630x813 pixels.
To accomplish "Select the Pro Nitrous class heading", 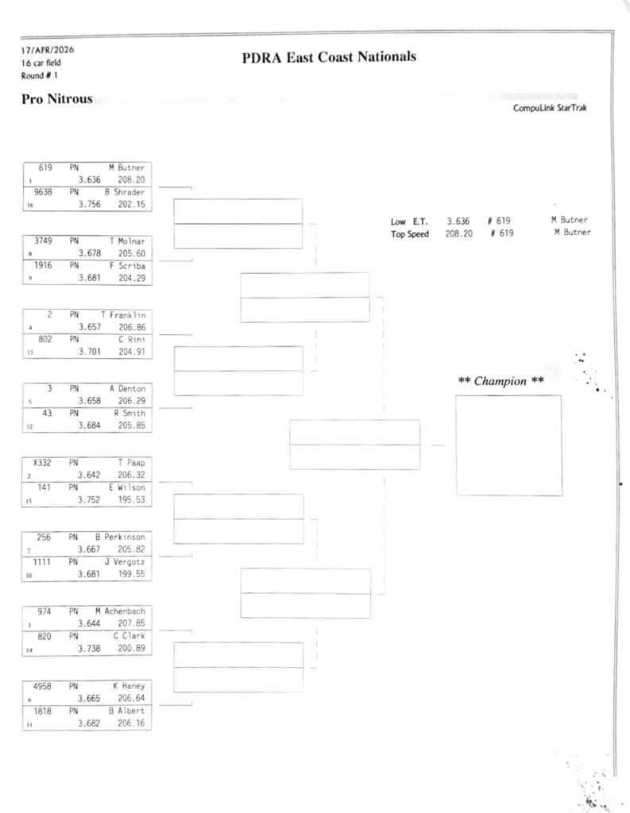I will pos(56,99).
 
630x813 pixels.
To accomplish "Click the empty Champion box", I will pos(508,445).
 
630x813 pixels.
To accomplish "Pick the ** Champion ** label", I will pos(501,381).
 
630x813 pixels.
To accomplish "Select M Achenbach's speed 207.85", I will pos(132,623).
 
